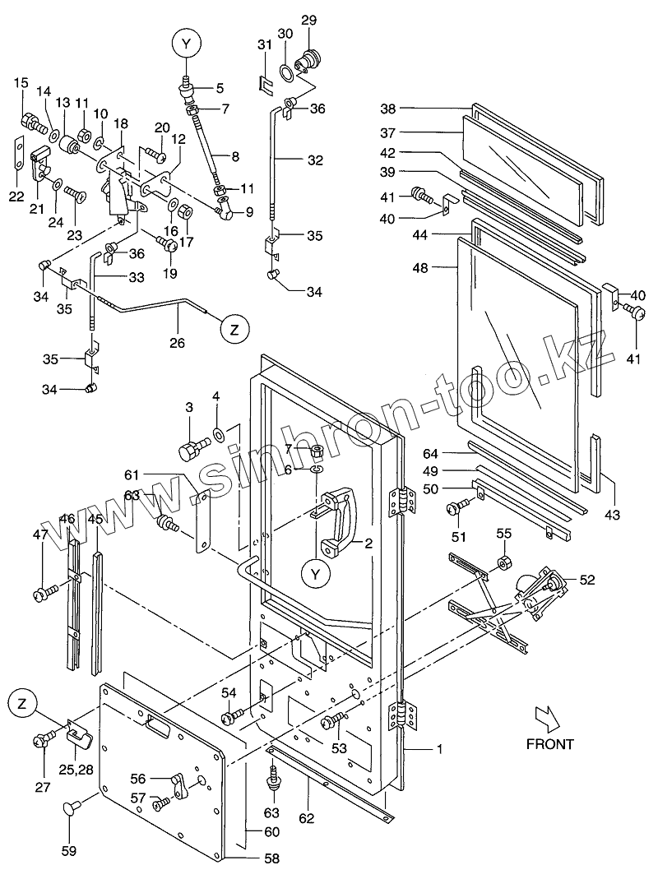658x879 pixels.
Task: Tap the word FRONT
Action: tap(549, 744)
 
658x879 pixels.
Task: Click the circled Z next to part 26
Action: tap(234, 329)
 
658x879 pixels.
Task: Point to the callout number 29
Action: tap(308, 21)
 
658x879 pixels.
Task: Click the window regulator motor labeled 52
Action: tap(540, 591)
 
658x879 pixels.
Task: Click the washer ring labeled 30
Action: tap(285, 72)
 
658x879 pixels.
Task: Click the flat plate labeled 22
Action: tap(18, 153)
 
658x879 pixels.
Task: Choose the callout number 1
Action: tap(440, 749)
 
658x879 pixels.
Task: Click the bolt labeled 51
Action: tap(456, 508)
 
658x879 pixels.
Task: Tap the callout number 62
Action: tap(306, 818)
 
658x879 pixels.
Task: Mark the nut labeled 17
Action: tap(186, 212)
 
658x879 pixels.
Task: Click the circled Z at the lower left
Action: tap(22, 704)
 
